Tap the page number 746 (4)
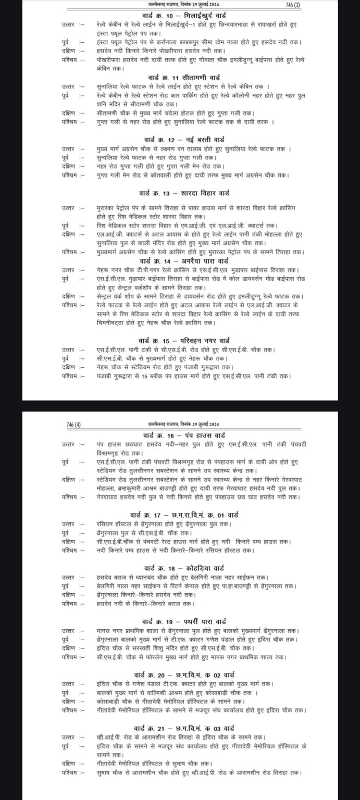(x=74, y=425)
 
